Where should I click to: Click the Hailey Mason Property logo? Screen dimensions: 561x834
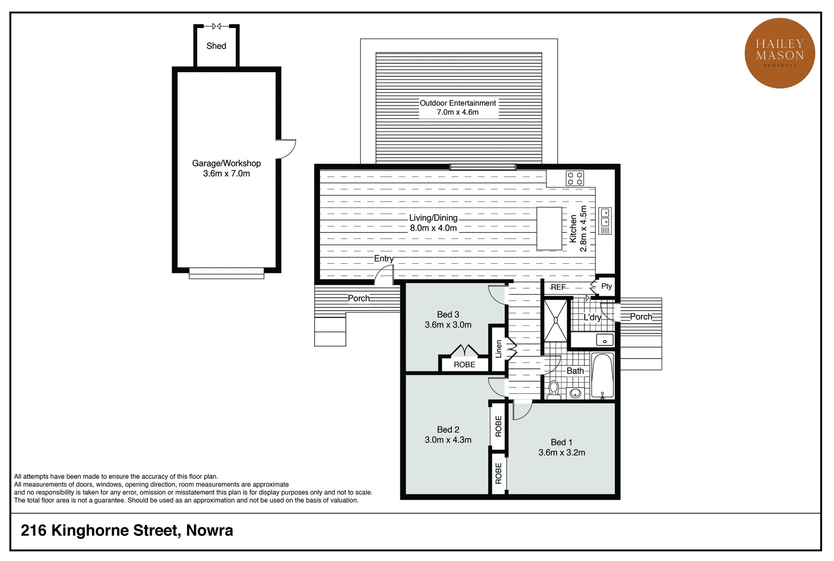point(779,53)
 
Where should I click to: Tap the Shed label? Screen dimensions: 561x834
point(216,46)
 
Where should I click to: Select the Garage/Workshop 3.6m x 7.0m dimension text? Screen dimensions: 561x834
point(226,173)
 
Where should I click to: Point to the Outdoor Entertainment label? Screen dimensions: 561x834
point(458,103)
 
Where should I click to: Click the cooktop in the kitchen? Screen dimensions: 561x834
point(575,178)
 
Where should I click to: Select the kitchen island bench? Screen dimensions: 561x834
point(549,229)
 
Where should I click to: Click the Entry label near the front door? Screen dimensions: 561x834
point(384,258)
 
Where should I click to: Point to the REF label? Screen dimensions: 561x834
point(558,287)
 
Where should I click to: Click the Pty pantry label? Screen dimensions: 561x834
point(607,286)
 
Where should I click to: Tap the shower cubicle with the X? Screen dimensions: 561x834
point(556,320)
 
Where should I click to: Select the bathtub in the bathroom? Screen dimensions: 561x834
point(603,376)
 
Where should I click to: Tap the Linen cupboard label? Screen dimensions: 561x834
point(499,349)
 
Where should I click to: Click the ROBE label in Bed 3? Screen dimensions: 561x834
point(464,365)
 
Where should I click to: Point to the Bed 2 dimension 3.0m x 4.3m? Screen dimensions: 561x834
point(448,440)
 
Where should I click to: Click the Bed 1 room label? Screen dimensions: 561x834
point(561,442)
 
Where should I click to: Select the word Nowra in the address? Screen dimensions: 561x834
point(210,530)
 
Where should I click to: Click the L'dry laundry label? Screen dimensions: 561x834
point(592,317)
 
